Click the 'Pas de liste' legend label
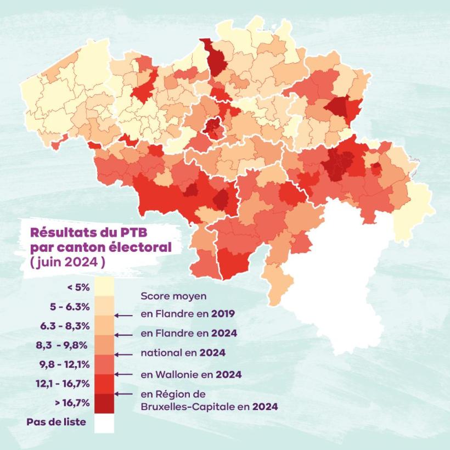point(56,422)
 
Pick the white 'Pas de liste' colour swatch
point(104,423)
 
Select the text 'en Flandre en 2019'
point(188,314)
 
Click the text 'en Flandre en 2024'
point(188,333)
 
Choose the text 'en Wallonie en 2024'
point(192,374)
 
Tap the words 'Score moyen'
point(173,296)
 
